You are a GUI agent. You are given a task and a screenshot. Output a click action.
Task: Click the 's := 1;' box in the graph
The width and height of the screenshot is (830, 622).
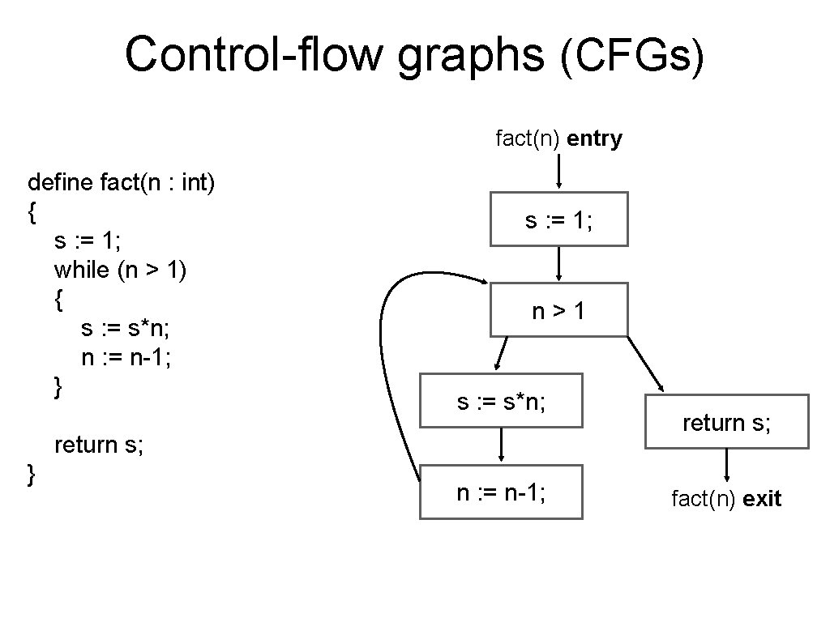[x=558, y=219]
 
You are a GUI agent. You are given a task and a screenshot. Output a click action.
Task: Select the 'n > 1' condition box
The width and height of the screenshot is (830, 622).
[x=558, y=309]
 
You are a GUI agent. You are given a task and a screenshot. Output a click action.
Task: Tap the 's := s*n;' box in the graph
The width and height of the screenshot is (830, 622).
[x=501, y=400]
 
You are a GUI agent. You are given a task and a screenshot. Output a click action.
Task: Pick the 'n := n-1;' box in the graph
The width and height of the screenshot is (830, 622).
[x=501, y=492]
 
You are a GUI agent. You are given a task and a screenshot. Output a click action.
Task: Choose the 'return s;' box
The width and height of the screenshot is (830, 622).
[x=726, y=421]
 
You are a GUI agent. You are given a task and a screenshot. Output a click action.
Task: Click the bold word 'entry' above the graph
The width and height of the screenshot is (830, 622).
[x=594, y=139]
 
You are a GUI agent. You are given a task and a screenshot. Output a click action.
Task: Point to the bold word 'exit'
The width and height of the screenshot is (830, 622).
[x=761, y=499]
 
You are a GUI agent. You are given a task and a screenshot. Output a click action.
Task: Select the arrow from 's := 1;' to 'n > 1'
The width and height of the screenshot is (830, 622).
[x=559, y=264]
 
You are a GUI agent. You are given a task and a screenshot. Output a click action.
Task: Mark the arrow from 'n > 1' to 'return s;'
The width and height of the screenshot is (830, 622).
[x=645, y=364]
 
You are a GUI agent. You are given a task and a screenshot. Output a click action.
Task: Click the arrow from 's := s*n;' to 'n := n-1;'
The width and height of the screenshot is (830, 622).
[x=502, y=445]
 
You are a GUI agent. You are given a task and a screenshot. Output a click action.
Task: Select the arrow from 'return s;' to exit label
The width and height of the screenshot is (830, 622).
[x=726, y=466]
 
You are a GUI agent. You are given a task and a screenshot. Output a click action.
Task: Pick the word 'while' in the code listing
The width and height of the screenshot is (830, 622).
[x=81, y=270]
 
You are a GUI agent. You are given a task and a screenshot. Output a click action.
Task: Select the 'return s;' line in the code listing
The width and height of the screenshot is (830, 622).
[x=98, y=445]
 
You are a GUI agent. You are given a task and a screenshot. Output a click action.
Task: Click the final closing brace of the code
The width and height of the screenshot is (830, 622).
[x=32, y=475]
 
